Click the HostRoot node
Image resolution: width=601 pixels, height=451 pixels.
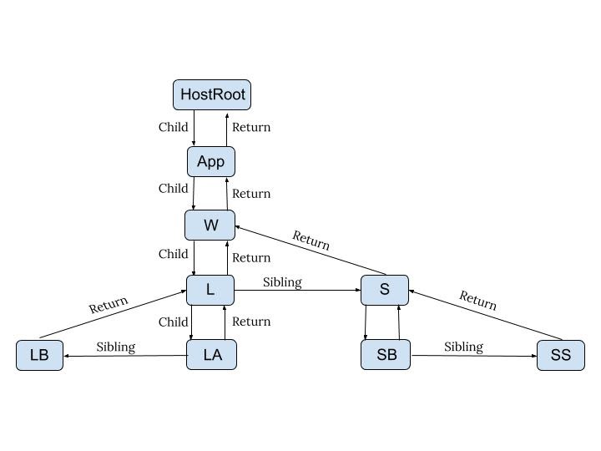click(x=212, y=94)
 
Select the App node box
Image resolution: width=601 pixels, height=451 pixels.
click(x=210, y=161)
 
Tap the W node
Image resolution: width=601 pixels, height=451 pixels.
click(x=210, y=225)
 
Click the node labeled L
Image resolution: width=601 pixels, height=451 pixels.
click(x=210, y=290)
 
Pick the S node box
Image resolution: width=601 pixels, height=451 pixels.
click(x=385, y=290)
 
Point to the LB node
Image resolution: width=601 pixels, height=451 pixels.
click(x=39, y=355)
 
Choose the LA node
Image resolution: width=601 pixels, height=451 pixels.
click(x=212, y=355)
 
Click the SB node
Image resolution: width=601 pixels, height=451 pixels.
click(x=386, y=355)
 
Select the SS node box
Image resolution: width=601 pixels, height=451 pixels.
click(x=560, y=355)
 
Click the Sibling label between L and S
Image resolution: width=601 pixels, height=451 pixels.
click(x=282, y=282)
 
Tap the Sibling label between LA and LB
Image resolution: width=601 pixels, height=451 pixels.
click(x=115, y=347)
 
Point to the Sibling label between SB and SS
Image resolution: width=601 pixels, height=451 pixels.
click(x=463, y=347)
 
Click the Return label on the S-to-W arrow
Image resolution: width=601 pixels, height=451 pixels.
click(x=311, y=241)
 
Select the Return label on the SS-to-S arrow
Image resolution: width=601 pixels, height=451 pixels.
click(x=477, y=300)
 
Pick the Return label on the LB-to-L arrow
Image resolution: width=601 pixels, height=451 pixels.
click(x=109, y=305)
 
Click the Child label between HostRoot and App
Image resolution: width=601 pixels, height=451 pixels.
click(x=173, y=128)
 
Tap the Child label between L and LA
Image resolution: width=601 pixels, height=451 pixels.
click(x=173, y=322)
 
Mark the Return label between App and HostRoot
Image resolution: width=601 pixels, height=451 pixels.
click(x=251, y=128)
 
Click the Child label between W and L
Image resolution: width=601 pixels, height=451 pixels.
click(x=173, y=254)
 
